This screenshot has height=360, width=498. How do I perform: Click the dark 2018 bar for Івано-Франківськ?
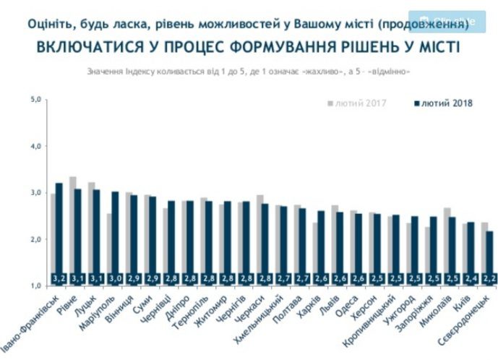pyautogui.click(x=59, y=231)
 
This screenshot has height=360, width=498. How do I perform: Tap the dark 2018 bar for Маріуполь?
pyautogui.click(x=115, y=235)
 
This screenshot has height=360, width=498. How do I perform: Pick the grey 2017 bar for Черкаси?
pyautogui.click(x=260, y=239)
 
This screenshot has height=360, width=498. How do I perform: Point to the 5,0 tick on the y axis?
pyautogui.click(x=35, y=100)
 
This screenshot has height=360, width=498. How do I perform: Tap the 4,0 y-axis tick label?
pyautogui.click(x=35, y=146)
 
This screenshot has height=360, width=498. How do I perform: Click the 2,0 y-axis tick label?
pyautogui.click(x=35, y=239)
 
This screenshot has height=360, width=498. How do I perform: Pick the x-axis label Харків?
pyautogui.click(x=309, y=310)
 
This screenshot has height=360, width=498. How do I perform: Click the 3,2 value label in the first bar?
pyautogui.click(x=59, y=278)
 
